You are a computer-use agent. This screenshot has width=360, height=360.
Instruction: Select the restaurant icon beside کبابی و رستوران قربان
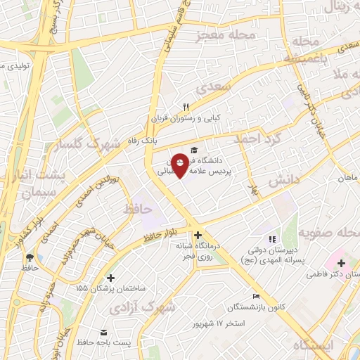(x=186, y=107)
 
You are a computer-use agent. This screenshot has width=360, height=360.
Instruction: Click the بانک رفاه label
(x=158, y=141)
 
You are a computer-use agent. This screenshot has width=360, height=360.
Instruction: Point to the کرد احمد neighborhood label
(x=259, y=139)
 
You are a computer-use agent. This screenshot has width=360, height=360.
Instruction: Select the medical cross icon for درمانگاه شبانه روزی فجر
(x=198, y=236)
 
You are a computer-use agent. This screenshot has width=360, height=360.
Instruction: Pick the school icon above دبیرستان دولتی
(x=272, y=239)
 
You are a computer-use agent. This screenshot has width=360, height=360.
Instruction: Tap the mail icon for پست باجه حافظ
(x=104, y=332)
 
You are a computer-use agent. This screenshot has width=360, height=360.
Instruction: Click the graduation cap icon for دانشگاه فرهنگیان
(x=194, y=150)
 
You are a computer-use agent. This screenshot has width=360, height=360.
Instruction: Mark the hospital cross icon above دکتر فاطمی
(x=341, y=263)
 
